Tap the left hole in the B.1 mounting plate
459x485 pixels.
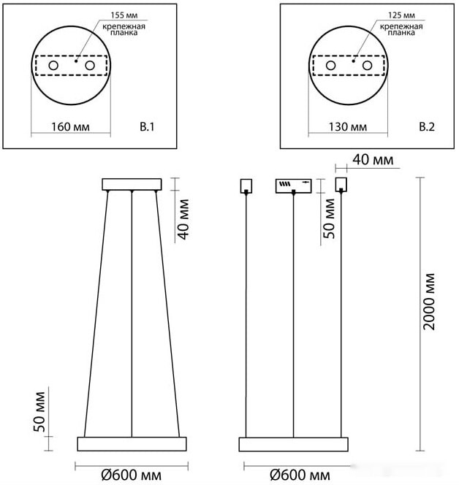pyautogui.click(x=53, y=66)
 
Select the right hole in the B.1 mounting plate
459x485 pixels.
pyautogui.click(x=90, y=66)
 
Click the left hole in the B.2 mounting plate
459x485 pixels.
pyautogui.click(x=331, y=66)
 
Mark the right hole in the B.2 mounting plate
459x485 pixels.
pyautogui.click(x=368, y=66)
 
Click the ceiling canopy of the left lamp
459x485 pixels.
pyautogui.click(x=132, y=183)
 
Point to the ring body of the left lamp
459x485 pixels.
pyautogui.click(x=132, y=443)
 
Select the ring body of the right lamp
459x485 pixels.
pyautogui.click(x=293, y=443)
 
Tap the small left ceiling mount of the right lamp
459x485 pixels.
pyautogui.click(x=246, y=185)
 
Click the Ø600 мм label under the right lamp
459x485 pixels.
pyautogui.click(x=300, y=476)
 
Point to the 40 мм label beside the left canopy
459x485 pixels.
pyautogui.click(x=183, y=218)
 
